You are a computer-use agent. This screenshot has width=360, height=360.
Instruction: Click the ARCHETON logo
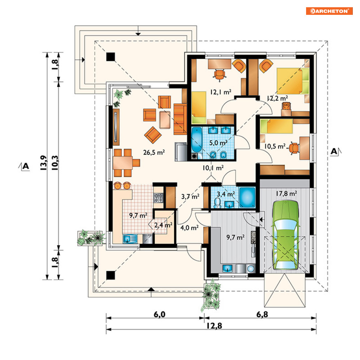point(329,11)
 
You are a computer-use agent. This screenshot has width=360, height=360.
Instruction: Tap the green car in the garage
point(285,235)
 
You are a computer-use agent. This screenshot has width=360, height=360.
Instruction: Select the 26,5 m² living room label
point(154,152)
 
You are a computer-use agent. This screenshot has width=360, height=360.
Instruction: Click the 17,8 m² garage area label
point(286,194)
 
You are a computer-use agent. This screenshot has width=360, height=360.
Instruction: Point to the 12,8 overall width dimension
point(214,326)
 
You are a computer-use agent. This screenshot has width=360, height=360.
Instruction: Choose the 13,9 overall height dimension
point(43,162)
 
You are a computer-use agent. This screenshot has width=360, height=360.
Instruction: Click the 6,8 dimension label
point(262,314)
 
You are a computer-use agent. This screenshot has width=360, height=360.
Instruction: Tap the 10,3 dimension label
point(55,162)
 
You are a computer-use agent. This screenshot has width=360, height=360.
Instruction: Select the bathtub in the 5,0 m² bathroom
point(196,140)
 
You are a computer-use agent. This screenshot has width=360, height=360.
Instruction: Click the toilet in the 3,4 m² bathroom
point(217,203)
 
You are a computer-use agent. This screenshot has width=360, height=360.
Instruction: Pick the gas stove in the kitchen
point(158,198)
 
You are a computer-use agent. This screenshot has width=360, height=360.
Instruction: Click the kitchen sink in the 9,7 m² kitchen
point(130,239)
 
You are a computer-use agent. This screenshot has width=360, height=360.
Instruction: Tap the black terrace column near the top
point(111,57)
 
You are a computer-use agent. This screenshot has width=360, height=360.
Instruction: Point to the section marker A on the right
point(335,152)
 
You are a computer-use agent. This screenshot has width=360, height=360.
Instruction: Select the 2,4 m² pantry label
point(163,225)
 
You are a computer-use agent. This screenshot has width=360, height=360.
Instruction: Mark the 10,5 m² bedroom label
point(275,146)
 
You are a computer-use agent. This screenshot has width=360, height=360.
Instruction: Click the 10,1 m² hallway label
point(213,168)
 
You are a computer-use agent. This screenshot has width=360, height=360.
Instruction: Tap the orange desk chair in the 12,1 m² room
point(220,75)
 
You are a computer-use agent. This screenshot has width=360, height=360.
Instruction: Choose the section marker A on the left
point(24,166)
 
